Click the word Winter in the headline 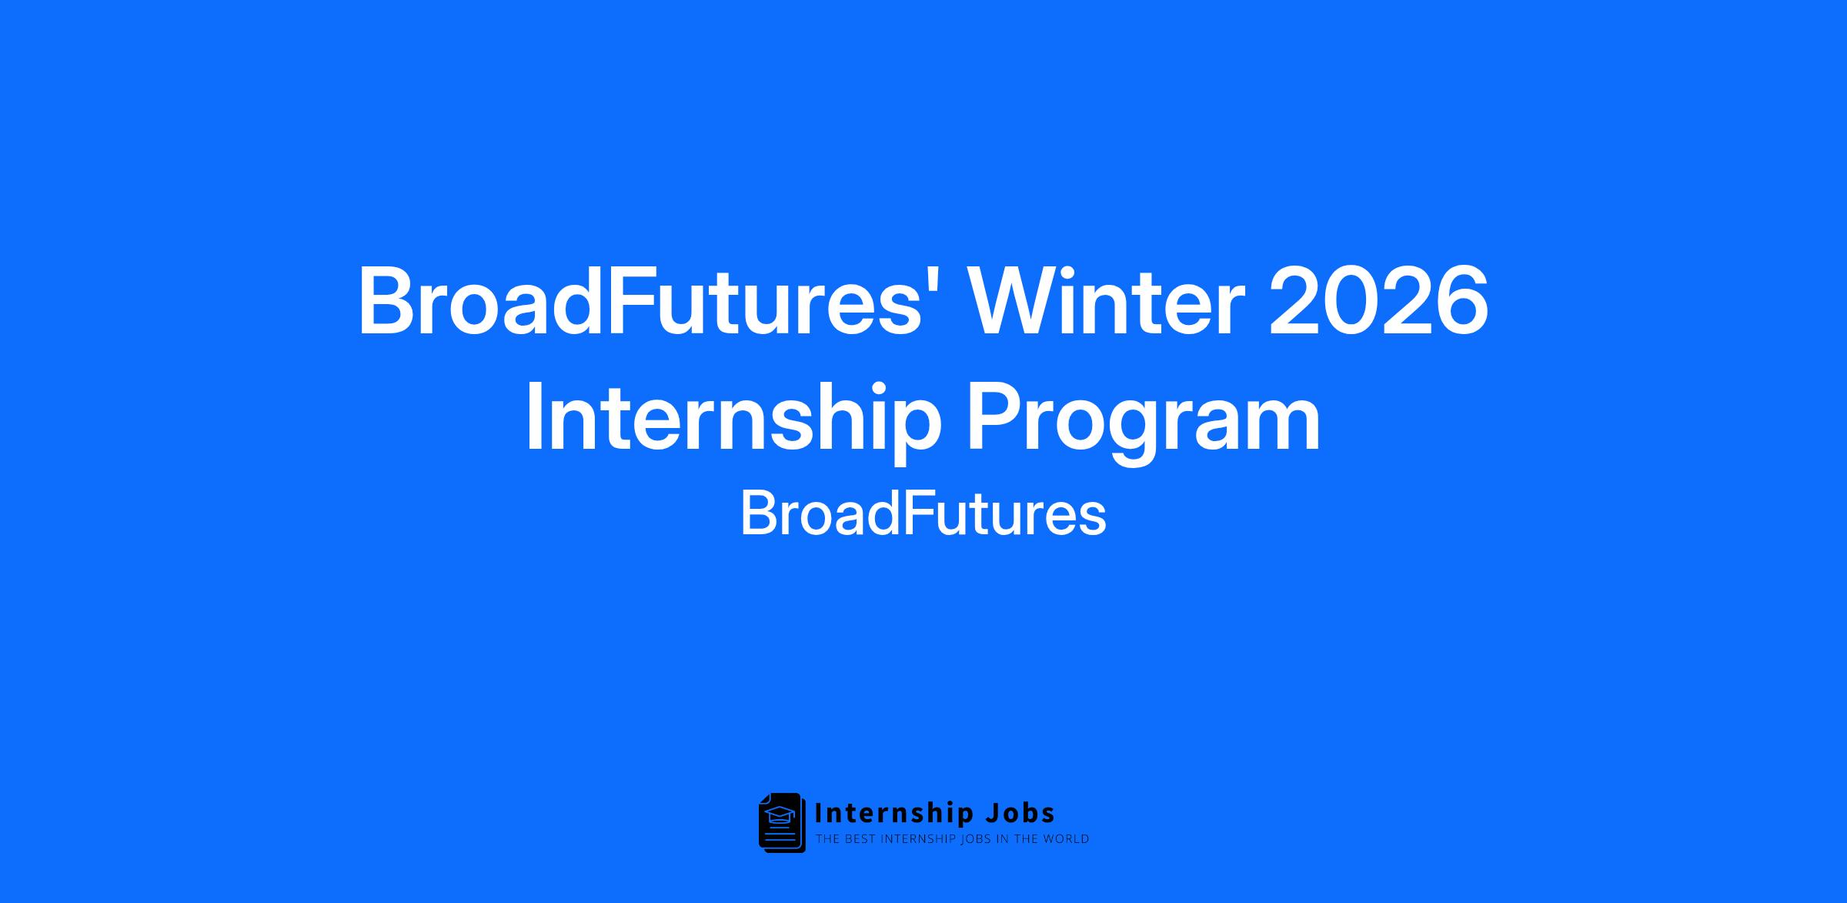click(1104, 301)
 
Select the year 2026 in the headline click(1378, 301)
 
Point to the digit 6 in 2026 click(1461, 301)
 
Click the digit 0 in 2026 click(1351, 301)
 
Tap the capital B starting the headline click(386, 301)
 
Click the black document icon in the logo click(782, 822)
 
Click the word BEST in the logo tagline click(858, 839)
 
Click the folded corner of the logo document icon click(764, 798)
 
